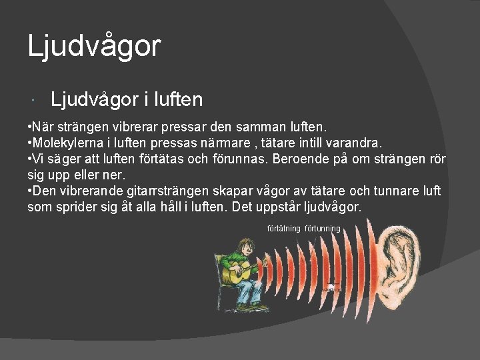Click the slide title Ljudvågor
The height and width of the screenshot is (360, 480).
pos(94,47)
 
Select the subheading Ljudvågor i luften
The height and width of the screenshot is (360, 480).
pos(127,100)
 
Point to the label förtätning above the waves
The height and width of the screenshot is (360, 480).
pos(284,229)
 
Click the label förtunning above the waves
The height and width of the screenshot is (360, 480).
pos(323,229)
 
